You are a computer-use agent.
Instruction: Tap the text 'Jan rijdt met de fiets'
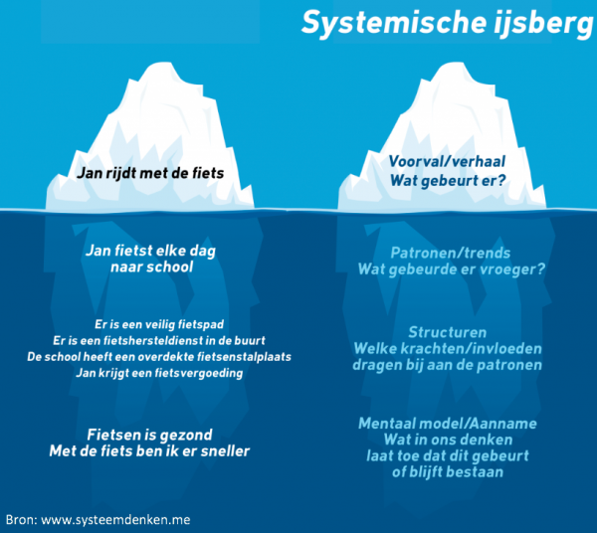pyautogui.click(x=150, y=173)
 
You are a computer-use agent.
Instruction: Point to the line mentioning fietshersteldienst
pyautogui.click(x=150, y=341)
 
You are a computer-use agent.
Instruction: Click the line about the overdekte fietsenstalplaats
pyautogui.click(x=150, y=357)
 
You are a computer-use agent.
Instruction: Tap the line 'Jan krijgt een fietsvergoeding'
pyautogui.click(x=150, y=373)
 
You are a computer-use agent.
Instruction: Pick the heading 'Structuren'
pyautogui.click(x=447, y=331)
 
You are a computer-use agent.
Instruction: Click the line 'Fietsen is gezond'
pyautogui.click(x=150, y=435)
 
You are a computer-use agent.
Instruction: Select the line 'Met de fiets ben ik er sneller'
pyautogui.click(x=150, y=451)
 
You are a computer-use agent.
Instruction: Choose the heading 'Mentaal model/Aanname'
pyautogui.click(x=448, y=424)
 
